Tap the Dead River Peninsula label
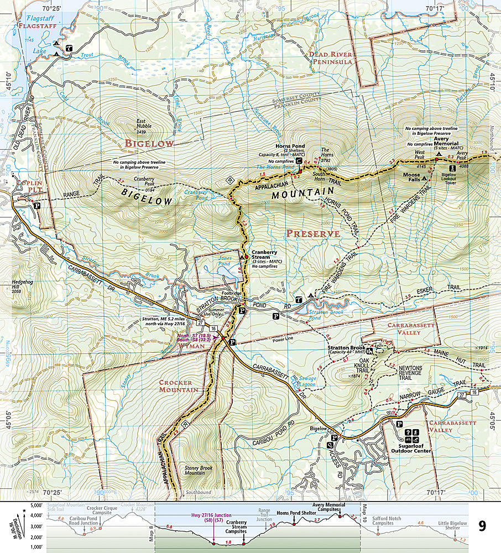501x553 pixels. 331,58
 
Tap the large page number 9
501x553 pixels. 482,525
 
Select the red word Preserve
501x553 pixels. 312,233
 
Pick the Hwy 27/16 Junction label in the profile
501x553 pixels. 214,516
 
